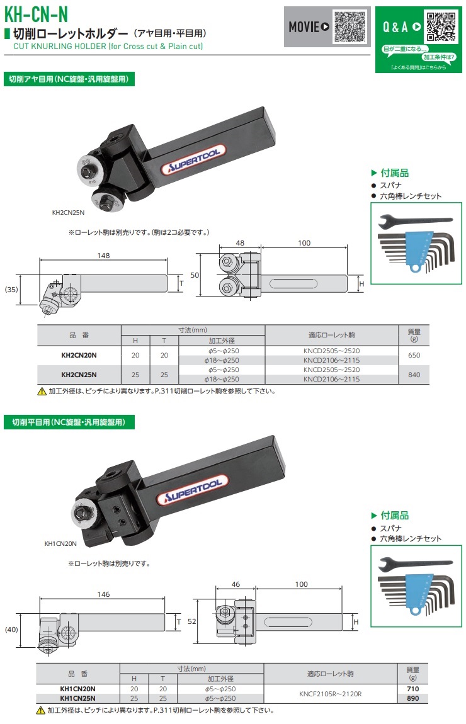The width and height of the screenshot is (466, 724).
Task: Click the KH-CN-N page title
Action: point(36,14)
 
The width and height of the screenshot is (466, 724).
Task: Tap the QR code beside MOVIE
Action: point(349,26)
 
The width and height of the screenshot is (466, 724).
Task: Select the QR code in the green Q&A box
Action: point(441,26)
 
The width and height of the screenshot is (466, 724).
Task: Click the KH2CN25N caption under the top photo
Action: point(69,212)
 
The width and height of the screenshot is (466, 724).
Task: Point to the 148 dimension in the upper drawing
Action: point(103,256)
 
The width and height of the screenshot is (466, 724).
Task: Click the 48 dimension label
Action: point(240,243)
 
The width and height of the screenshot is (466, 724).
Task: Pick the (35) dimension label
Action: point(11,290)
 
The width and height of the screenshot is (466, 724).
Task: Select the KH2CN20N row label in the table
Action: point(79,355)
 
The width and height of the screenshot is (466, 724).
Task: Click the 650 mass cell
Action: point(414,355)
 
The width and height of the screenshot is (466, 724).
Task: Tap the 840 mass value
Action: point(414,375)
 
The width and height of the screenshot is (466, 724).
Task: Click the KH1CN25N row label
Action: point(77,698)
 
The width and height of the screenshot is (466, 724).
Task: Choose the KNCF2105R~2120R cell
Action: point(330,694)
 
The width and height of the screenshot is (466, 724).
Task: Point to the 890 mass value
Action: point(413,698)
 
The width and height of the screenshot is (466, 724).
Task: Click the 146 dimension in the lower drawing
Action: point(103,594)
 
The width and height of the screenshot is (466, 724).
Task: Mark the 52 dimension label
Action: point(192,621)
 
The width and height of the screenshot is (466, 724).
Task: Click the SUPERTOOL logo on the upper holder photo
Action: point(193,159)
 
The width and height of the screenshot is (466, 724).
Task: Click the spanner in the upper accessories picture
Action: point(415,222)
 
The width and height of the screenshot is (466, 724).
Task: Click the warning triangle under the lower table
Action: point(41,711)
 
